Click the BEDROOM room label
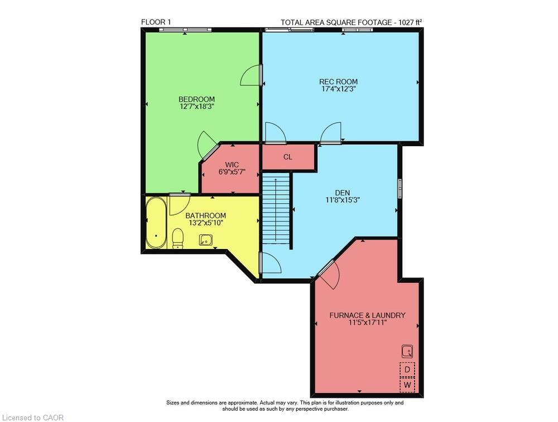[x=196, y=99]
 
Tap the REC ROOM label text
[x=338, y=81]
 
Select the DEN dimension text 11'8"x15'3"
[x=343, y=200]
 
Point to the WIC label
[x=232, y=165]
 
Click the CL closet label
[x=288, y=157]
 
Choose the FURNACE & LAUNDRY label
[x=367, y=315]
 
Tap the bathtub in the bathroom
[x=156, y=223]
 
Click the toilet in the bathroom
[x=177, y=238]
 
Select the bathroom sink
[x=206, y=240]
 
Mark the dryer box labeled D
[x=407, y=370]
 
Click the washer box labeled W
[x=407, y=385]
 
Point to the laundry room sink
[x=407, y=352]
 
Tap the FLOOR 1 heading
[x=156, y=22]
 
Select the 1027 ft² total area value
[x=410, y=22]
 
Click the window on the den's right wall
[x=400, y=188]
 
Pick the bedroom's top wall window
[x=185, y=30]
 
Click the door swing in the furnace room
[x=329, y=274]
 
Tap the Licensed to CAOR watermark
[x=33, y=418]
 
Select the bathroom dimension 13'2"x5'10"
[x=206, y=223]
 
